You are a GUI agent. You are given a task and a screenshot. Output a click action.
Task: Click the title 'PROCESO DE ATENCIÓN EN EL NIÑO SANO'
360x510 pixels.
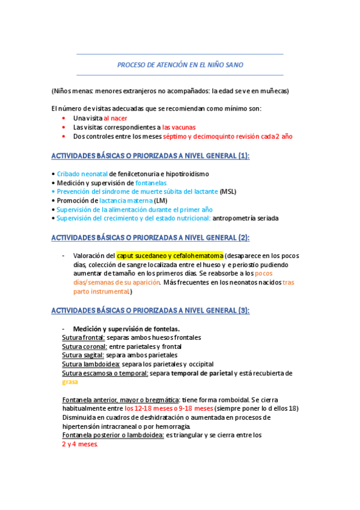click(180, 64)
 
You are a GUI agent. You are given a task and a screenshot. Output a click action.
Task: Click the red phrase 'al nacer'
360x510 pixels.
click(115, 118)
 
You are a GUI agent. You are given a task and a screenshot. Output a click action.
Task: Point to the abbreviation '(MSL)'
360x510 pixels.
click(228, 191)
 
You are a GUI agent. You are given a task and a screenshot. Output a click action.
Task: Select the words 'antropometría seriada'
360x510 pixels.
click(246, 218)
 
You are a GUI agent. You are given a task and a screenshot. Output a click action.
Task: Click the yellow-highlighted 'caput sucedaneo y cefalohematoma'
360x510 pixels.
click(169, 256)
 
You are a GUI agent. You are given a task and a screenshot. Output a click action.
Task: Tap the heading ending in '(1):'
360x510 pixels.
click(150, 156)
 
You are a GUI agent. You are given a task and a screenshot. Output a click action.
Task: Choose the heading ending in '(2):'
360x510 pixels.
click(150, 238)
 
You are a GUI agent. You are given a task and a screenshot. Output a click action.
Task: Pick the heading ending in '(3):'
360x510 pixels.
click(150, 310)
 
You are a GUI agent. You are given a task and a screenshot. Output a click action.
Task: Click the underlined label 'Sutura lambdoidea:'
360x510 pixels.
click(87, 364)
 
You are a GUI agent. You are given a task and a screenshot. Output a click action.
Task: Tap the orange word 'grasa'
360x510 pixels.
click(70, 382)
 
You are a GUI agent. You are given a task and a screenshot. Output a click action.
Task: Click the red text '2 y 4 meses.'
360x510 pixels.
click(80, 444)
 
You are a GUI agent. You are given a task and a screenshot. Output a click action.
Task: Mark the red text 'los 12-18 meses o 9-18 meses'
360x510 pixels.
click(169, 408)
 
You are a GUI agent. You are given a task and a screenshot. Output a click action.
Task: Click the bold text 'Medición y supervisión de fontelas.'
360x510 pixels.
click(126, 329)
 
